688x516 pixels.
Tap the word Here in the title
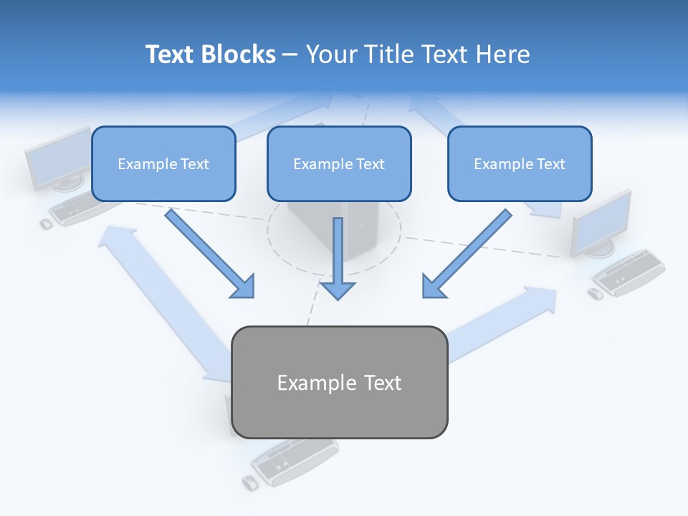click(x=501, y=54)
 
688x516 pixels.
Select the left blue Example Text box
click(x=163, y=163)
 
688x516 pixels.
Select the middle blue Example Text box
click(x=339, y=163)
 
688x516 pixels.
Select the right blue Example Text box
click(x=520, y=163)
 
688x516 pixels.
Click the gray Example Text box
click(x=340, y=382)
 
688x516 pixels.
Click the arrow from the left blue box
click(x=211, y=254)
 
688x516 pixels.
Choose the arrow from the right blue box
click(x=466, y=254)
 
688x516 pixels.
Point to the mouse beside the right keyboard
click(x=595, y=294)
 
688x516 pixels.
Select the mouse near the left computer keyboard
click(x=45, y=224)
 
